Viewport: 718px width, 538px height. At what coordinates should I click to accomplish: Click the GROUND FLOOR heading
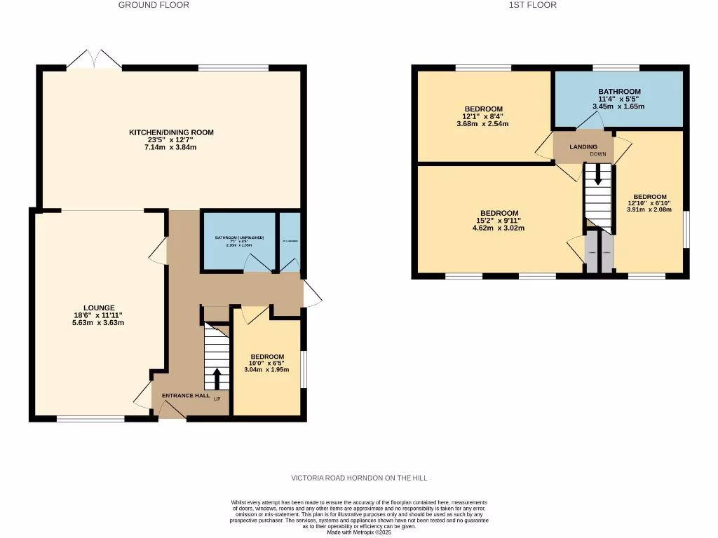click(x=154, y=5)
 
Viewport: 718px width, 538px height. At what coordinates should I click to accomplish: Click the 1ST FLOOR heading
click(x=533, y=5)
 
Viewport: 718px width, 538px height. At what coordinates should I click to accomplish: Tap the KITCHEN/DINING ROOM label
click(x=171, y=132)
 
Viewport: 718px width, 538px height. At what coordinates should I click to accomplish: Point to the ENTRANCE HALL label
click(x=186, y=396)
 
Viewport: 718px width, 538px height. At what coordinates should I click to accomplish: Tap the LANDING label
click(x=583, y=147)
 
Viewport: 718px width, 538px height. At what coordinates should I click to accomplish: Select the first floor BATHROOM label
click(x=619, y=92)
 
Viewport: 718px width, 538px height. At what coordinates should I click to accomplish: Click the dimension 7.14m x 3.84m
click(x=171, y=148)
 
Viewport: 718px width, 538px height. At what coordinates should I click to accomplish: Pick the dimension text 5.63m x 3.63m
click(x=98, y=323)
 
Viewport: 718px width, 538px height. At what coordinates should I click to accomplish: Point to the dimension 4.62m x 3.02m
click(x=499, y=228)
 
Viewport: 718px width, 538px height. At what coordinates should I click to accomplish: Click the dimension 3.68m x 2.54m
click(x=482, y=124)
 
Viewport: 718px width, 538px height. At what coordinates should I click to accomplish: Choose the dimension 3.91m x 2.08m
click(x=649, y=209)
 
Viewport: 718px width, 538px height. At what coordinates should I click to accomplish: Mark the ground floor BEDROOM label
click(x=267, y=356)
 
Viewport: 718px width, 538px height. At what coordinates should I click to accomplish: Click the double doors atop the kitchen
click(x=94, y=60)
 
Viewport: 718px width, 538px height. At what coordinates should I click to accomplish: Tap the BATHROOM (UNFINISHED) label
click(x=239, y=238)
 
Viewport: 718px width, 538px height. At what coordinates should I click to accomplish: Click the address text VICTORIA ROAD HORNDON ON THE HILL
click(x=359, y=478)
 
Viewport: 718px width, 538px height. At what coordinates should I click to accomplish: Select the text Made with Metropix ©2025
click(x=360, y=532)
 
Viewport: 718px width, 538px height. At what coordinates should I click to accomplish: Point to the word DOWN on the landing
click(x=598, y=154)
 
